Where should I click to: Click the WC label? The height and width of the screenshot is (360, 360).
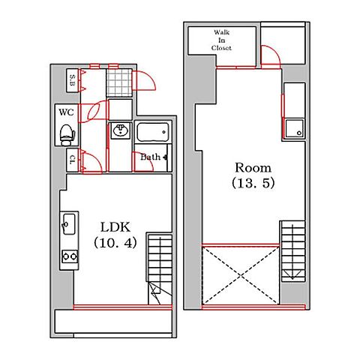[x=66, y=112]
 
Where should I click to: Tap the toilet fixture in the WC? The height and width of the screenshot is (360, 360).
[x=67, y=135]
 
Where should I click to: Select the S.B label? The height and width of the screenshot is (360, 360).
[x=72, y=80]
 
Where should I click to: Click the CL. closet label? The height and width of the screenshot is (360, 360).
[x=73, y=160]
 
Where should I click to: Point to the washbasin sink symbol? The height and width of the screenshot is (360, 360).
[x=121, y=130]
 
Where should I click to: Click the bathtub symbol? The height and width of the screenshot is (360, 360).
[x=153, y=132]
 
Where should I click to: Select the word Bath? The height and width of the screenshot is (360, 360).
[x=150, y=157]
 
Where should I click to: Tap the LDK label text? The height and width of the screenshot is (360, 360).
[x=115, y=227]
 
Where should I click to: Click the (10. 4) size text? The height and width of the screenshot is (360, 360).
[x=115, y=242]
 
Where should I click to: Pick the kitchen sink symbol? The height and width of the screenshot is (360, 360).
[x=69, y=224]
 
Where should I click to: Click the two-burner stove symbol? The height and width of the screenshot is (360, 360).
[x=70, y=256]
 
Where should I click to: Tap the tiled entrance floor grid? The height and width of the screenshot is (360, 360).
[x=119, y=82]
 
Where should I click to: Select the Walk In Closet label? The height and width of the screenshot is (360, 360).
[x=221, y=40]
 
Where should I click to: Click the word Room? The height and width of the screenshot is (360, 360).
[x=253, y=168]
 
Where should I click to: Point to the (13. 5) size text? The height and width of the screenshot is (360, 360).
[x=253, y=183]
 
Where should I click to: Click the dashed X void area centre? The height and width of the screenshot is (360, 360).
[x=241, y=276]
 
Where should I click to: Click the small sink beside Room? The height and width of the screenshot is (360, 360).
[x=295, y=128]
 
